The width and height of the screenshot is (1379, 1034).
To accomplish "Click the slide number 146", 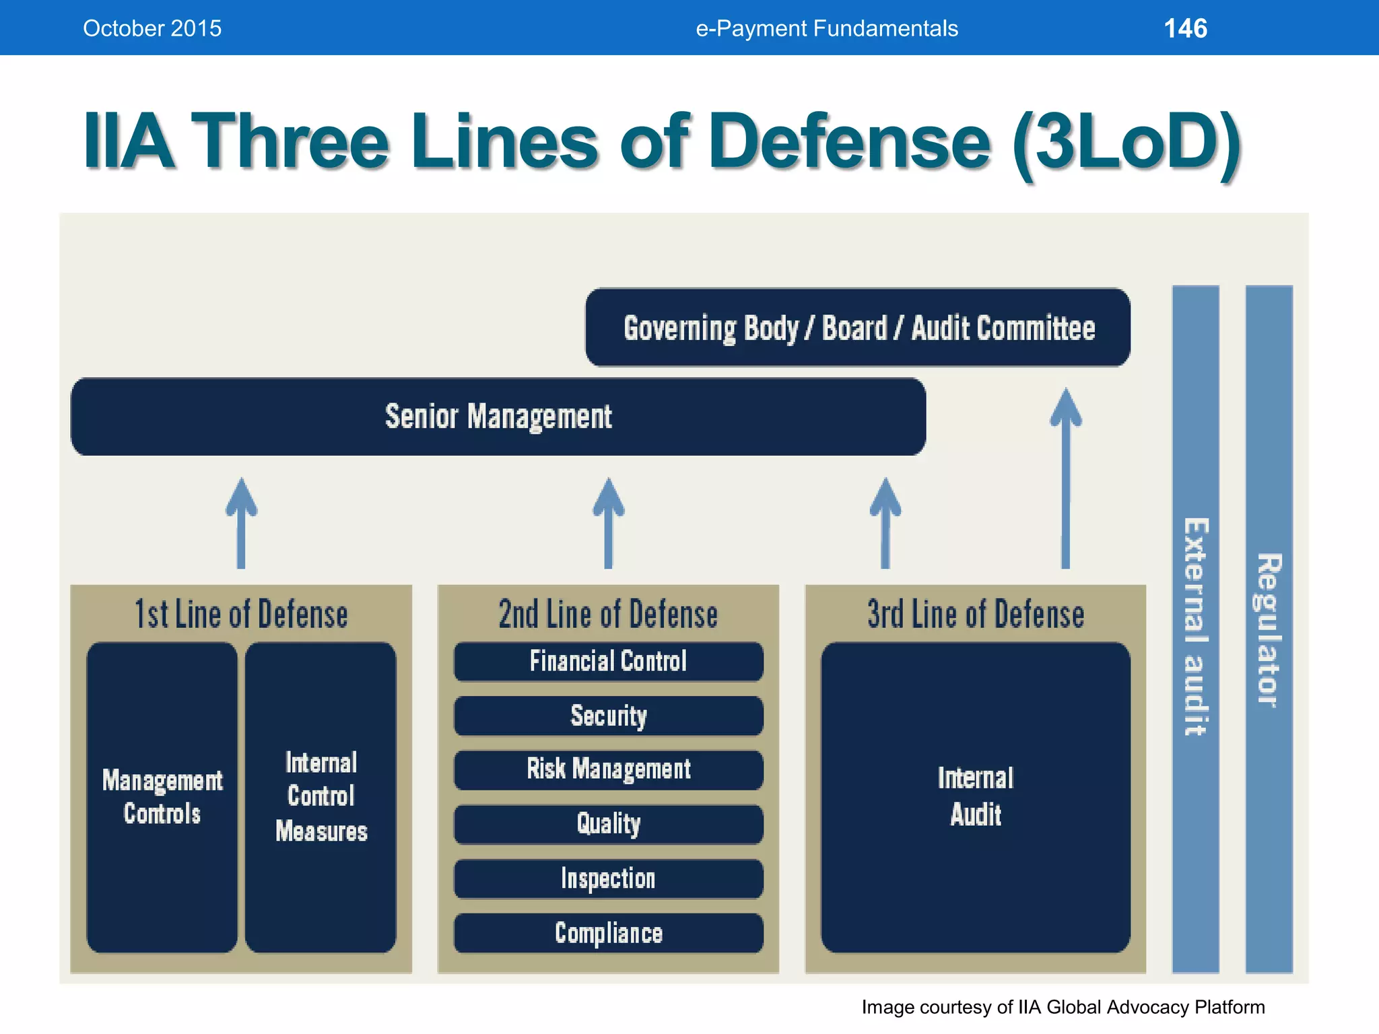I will coord(1185,28).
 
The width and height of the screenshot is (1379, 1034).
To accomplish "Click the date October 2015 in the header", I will coord(152,28).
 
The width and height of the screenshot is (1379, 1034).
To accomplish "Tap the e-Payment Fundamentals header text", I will coord(826,28).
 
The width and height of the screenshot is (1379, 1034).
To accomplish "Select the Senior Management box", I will coord(498,417).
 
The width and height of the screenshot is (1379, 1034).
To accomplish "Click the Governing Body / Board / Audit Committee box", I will coord(858,328).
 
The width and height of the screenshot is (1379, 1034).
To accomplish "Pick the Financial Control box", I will coord(608,661).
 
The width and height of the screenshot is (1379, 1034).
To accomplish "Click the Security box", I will coord(608,716).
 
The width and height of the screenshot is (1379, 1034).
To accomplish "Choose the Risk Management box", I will coord(608,769).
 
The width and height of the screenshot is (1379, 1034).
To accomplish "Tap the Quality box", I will coord(608,824).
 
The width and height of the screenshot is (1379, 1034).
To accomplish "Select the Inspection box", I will coord(608,878).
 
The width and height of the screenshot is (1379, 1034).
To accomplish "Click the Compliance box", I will coord(608,933).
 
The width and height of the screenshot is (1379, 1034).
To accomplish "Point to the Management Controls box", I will coord(162,797).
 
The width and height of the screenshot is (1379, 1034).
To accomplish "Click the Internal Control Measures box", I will coord(321,797).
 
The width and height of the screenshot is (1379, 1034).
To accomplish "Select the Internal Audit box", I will coord(975,797).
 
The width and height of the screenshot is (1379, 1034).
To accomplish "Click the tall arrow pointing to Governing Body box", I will coord(1065,478).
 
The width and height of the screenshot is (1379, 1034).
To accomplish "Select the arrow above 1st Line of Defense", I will coord(241,524).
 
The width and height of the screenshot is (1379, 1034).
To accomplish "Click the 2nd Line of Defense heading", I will coord(608,614).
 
